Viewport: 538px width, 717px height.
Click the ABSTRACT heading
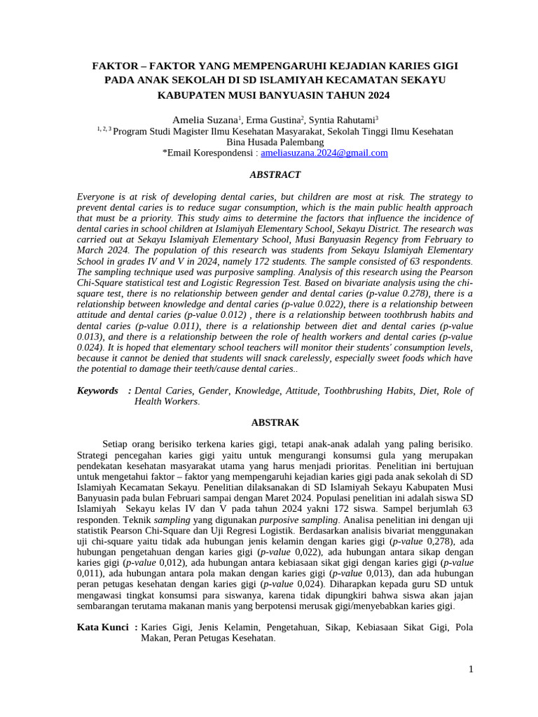coord(275,175)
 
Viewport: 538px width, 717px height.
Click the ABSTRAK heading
coord(275,423)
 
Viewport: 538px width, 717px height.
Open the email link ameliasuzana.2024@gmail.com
coord(324,153)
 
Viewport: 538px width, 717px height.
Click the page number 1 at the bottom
coord(471,670)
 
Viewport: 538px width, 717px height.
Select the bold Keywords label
coord(97,391)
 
